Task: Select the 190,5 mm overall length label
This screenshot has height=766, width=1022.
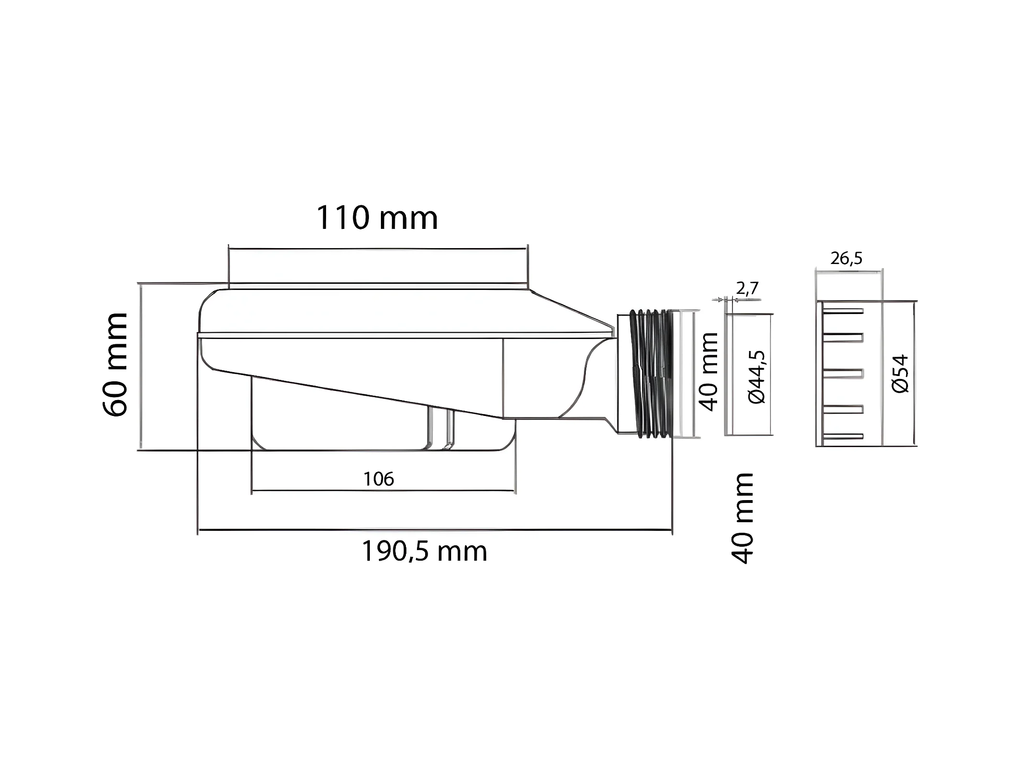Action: coord(424,551)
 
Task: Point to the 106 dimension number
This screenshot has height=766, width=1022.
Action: coord(379,479)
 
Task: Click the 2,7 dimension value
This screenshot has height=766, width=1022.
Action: coord(747,288)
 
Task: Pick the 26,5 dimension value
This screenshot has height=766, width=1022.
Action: coord(846,259)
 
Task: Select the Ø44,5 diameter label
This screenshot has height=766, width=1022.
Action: coord(757,377)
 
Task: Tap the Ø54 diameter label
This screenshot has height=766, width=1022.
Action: coord(900,374)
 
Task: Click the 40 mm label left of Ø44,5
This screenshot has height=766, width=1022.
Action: coord(708,371)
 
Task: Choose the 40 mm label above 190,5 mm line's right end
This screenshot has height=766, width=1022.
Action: coord(742,518)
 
